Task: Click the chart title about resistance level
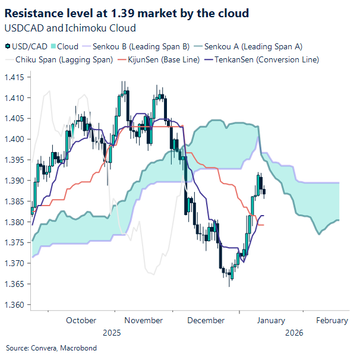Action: tap(127, 12)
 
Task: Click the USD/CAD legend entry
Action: tap(26, 46)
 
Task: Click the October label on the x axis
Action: tap(81, 320)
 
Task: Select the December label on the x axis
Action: tap(206, 320)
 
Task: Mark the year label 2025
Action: tap(111, 333)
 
